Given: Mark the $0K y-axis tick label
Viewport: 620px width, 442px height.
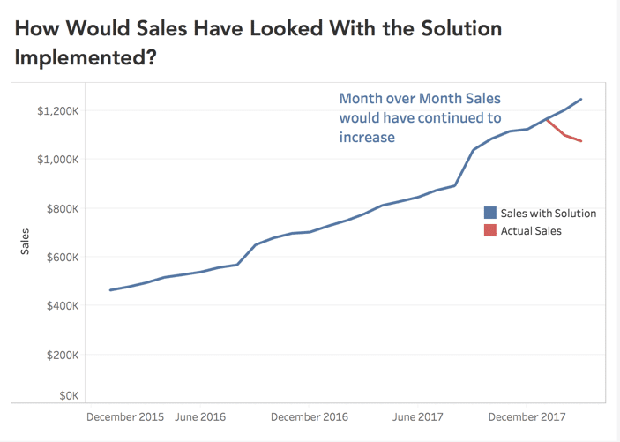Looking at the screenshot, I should click(x=67, y=396).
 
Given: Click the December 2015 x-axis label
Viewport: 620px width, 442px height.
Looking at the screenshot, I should click(x=126, y=416).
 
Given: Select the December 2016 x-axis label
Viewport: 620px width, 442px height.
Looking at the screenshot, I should click(x=310, y=416).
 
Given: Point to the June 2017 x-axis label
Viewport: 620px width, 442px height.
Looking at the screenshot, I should click(x=417, y=416).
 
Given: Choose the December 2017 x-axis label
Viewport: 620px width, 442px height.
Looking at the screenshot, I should click(x=527, y=416).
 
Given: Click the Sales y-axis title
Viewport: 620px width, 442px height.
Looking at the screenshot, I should click(x=25, y=242).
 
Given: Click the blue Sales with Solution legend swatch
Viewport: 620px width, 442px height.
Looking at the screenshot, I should click(x=489, y=213).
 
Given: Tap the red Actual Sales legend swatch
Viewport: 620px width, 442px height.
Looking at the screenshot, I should click(x=489, y=230).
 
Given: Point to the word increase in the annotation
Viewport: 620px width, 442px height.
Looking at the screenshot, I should click(x=367, y=137).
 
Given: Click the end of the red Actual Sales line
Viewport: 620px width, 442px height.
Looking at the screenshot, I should click(x=581, y=141).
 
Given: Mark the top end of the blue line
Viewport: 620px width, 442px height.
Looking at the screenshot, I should click(x=581, y=99).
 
